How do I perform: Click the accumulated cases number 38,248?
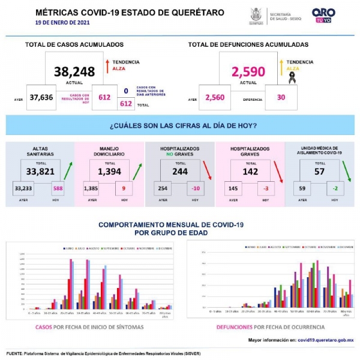pos(74,72)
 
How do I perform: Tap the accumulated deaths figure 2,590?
pos(248,72)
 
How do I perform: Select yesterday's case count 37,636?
pos(42,98)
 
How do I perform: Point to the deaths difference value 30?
pos(280,98)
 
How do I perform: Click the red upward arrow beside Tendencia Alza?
pos(106,65)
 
